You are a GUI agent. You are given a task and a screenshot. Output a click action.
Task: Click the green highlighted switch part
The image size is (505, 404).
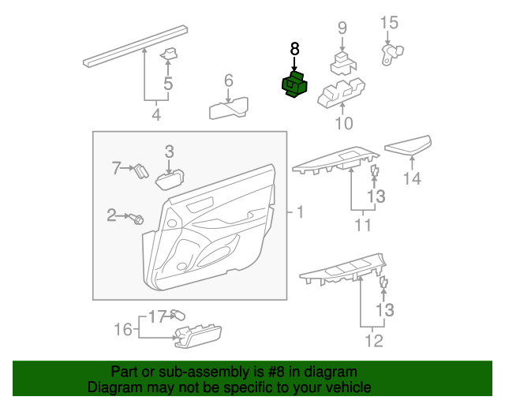click(x=295, y=86)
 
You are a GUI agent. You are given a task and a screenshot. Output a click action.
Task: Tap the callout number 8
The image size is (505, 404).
click(x=295, y=50)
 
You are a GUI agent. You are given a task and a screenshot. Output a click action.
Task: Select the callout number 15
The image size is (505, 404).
click(x=390, y=22)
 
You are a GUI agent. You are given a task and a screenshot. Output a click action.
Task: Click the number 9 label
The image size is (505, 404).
click(x=342, y=28)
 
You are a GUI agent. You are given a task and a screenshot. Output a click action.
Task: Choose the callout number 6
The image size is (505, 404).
click(x=229, y=80)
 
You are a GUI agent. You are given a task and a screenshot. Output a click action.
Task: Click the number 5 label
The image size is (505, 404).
click(x=168, y=84)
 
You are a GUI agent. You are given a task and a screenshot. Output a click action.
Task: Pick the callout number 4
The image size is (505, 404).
click(x=156, y=115)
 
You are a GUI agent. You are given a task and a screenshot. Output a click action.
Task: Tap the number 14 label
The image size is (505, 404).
click(x=413, y=179)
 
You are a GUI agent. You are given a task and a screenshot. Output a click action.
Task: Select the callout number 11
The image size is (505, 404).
click(x=362, y=226)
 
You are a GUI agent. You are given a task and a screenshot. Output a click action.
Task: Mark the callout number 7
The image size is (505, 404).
click(x=115, y=167)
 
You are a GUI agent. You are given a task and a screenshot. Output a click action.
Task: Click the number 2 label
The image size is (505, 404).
click(x=111, y=214)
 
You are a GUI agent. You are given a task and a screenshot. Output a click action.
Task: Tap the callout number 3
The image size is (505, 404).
click(x=169, y=151)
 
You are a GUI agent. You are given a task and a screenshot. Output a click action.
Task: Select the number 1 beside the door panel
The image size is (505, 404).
click(x=299, y=212)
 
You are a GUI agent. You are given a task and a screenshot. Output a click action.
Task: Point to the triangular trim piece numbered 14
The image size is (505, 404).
click(x=410, y=146)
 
